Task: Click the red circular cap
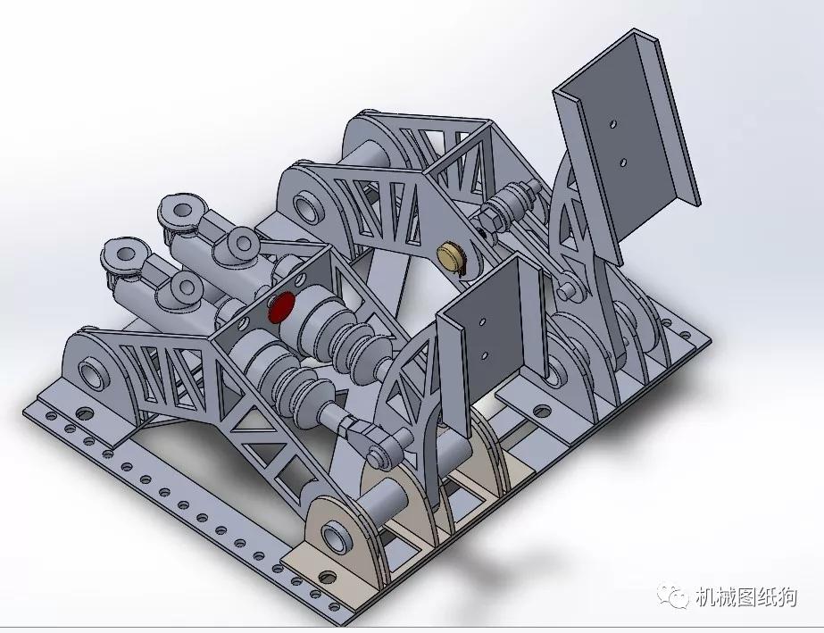(x=280, y=306)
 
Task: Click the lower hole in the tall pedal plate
(x=622, y=162)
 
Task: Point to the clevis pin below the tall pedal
(x=569, y=289)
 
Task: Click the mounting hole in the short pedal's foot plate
(x=541, y=412)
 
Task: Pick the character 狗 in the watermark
(x=787, y=597)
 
